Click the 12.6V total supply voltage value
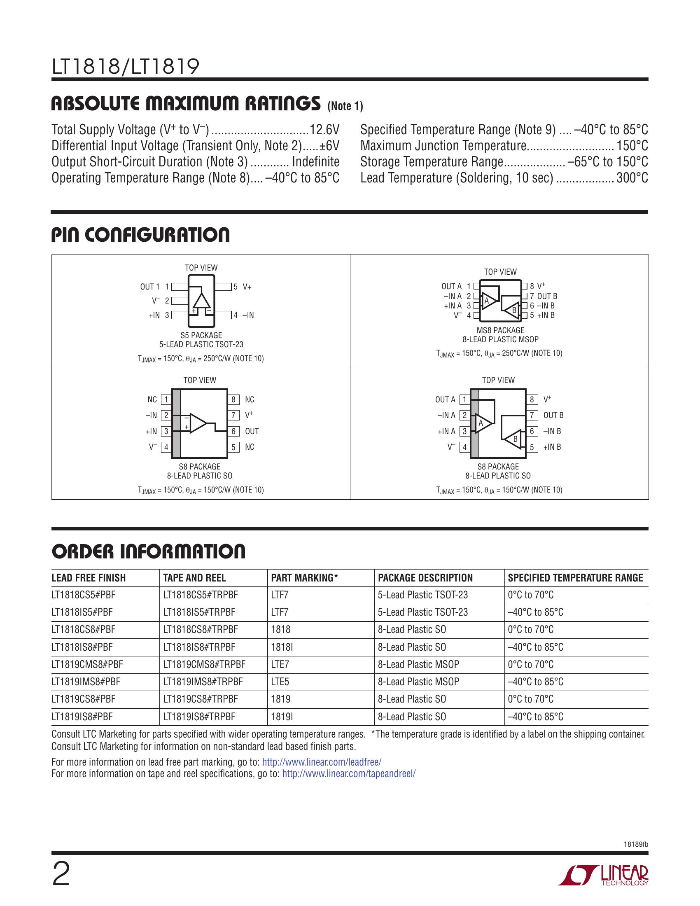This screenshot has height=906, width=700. [324, 130]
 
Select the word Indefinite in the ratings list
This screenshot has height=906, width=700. [315, 162]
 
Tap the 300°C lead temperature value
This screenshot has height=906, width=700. [632, 178]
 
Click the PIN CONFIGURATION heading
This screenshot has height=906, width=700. [140, 235]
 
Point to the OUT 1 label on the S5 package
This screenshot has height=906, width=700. [150, 287]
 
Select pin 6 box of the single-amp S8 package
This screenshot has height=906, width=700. [233, 432]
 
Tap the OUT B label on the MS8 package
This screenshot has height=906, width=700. [547, 296]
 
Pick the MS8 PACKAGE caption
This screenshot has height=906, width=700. [501, 330]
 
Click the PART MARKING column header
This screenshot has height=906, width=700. [304, 578]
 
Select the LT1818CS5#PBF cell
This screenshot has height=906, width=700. [83, 595]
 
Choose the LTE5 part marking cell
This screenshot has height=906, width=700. [280, 682]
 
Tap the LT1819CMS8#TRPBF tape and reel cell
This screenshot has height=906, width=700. [204, 664]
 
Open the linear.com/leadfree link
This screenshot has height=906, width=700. [322, 762]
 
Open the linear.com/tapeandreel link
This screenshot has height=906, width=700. [349, 774]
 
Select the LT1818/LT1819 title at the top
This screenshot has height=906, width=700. [125, 66]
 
